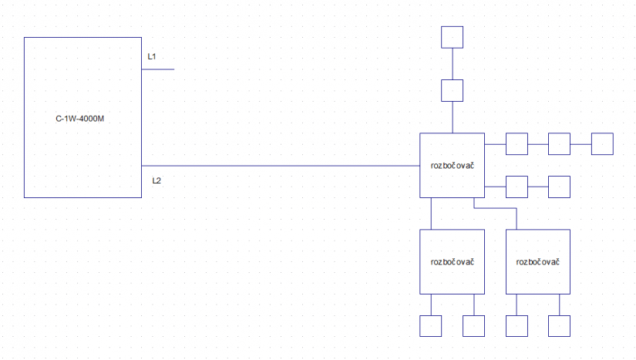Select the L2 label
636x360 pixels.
(156, 180)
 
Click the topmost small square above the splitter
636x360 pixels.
(452, 37)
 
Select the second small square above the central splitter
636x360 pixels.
(452, 90)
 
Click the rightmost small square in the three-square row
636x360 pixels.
(602, 144)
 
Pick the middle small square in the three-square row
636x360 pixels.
(559, 144)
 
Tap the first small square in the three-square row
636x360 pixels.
(517, 144)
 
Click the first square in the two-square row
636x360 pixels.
(517, 187)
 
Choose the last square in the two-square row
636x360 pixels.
(559, 187)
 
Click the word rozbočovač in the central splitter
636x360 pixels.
(452, 165)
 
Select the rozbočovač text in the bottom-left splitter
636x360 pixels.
(452, 261)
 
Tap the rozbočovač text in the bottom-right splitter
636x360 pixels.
(537, 261)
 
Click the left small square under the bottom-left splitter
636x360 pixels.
(430, 326)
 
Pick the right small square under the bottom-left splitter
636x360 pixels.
(473, 326)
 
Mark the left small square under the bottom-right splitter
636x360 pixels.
(516, 326)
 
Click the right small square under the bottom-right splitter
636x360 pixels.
(559, 326)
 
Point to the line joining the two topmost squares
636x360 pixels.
(452, 63)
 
